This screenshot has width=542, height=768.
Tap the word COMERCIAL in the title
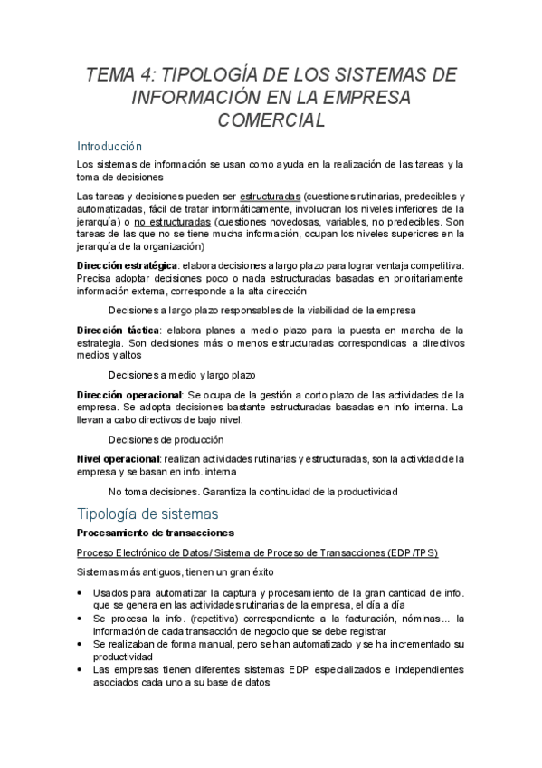tap(271, 120)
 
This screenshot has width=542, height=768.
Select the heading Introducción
tap(109, 146)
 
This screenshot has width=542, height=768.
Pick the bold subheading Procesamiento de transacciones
tap(155, 533)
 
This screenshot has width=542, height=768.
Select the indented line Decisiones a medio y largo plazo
tap(182, 375)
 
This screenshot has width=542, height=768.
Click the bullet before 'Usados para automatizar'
tap(82, 593)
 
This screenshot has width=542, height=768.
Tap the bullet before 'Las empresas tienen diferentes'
tap(82, 670)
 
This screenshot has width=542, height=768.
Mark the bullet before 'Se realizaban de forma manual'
tap(82, 644)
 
